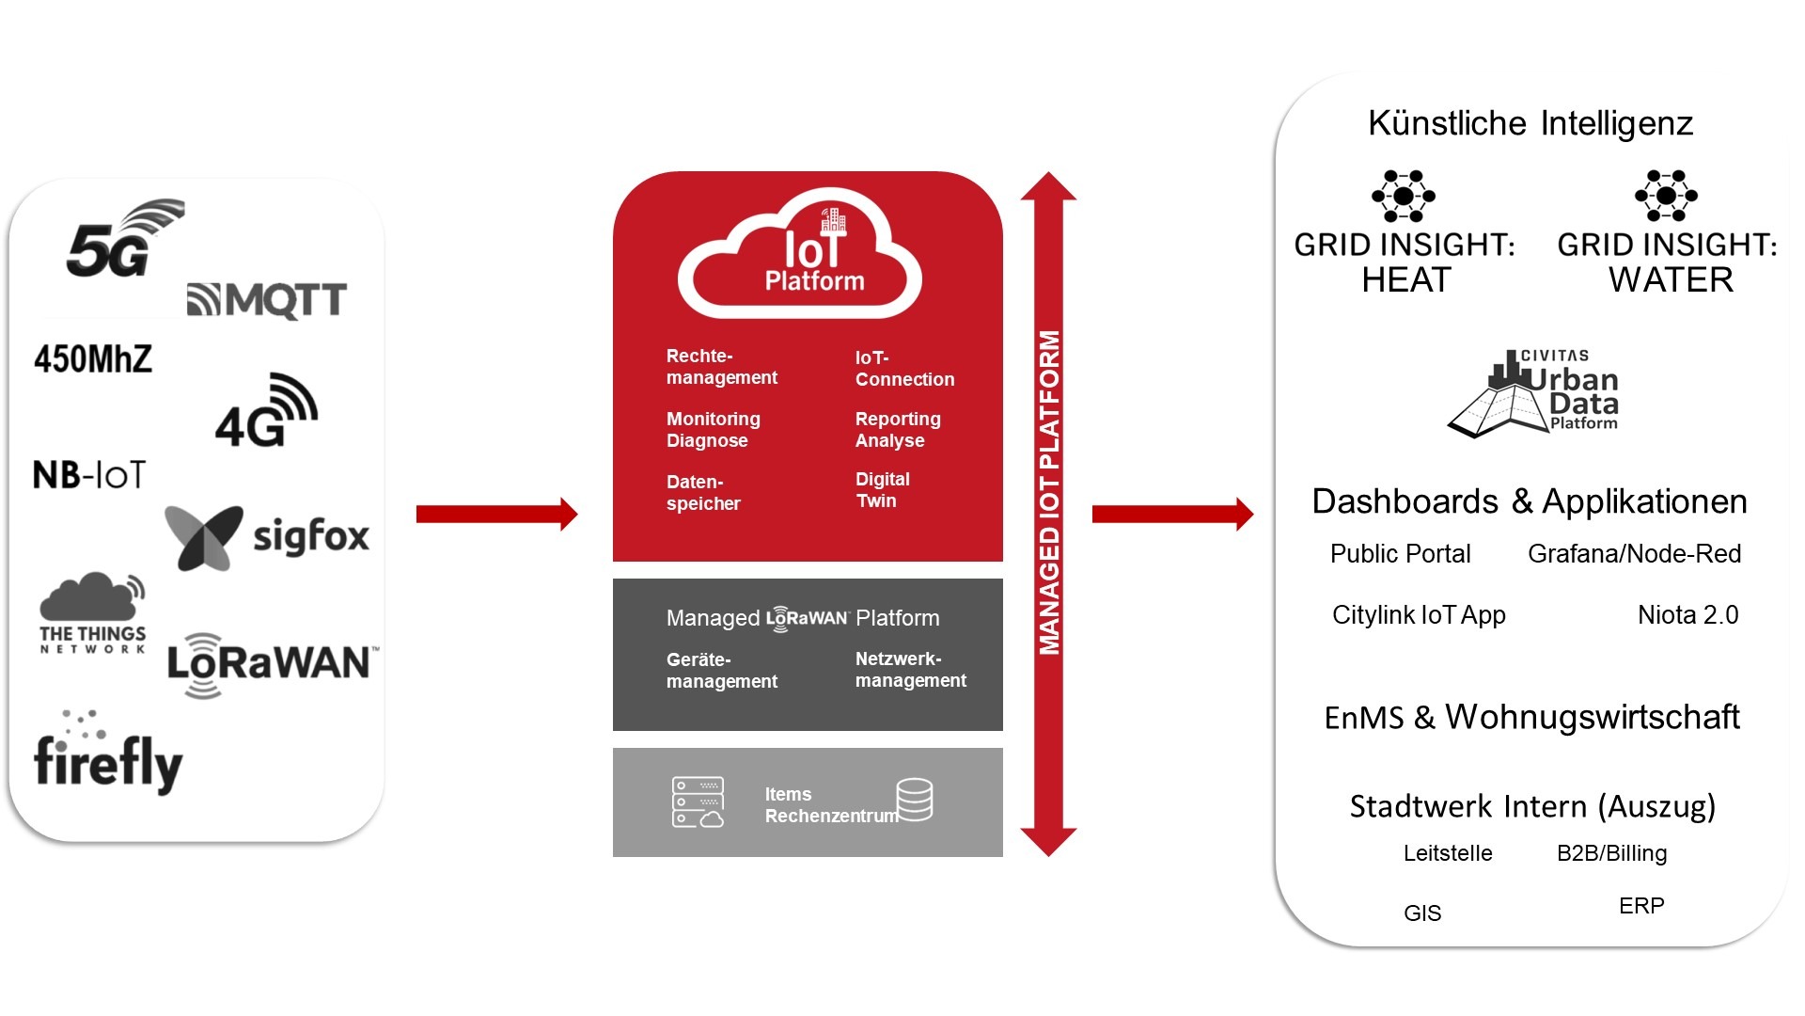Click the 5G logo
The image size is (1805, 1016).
point(122,240)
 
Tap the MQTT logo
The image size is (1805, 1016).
point(267,300)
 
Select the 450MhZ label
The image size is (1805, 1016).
point(93,358)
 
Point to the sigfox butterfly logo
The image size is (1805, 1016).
point(203,537)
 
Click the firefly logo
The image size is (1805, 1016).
point(107,755)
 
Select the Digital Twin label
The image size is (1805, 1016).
point(882,490)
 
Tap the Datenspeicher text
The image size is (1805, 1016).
point(703,492)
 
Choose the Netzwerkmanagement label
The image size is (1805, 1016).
point(910,670)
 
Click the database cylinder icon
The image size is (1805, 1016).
point(914,800)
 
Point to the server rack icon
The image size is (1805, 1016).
point(698,802)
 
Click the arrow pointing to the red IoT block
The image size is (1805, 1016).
point(496,514)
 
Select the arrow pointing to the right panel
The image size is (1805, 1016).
point(1172,514)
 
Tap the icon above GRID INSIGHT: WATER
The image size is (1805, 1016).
point(1666,196)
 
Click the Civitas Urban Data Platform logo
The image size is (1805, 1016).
point(1534,392)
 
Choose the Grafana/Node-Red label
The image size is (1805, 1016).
point(1634,554)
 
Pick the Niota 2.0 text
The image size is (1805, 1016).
point(1687,615)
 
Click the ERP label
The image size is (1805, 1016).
point(1641,906)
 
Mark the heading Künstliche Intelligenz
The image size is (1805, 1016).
point(1530,123)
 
